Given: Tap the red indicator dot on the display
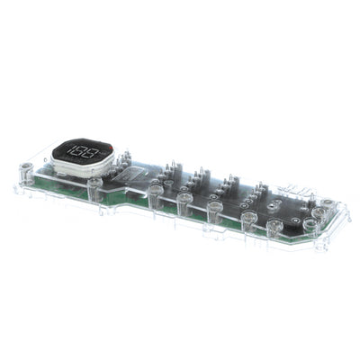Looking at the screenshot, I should pos(110,147).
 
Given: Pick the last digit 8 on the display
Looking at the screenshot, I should pos(96,151).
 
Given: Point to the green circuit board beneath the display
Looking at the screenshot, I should pos(67,184).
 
